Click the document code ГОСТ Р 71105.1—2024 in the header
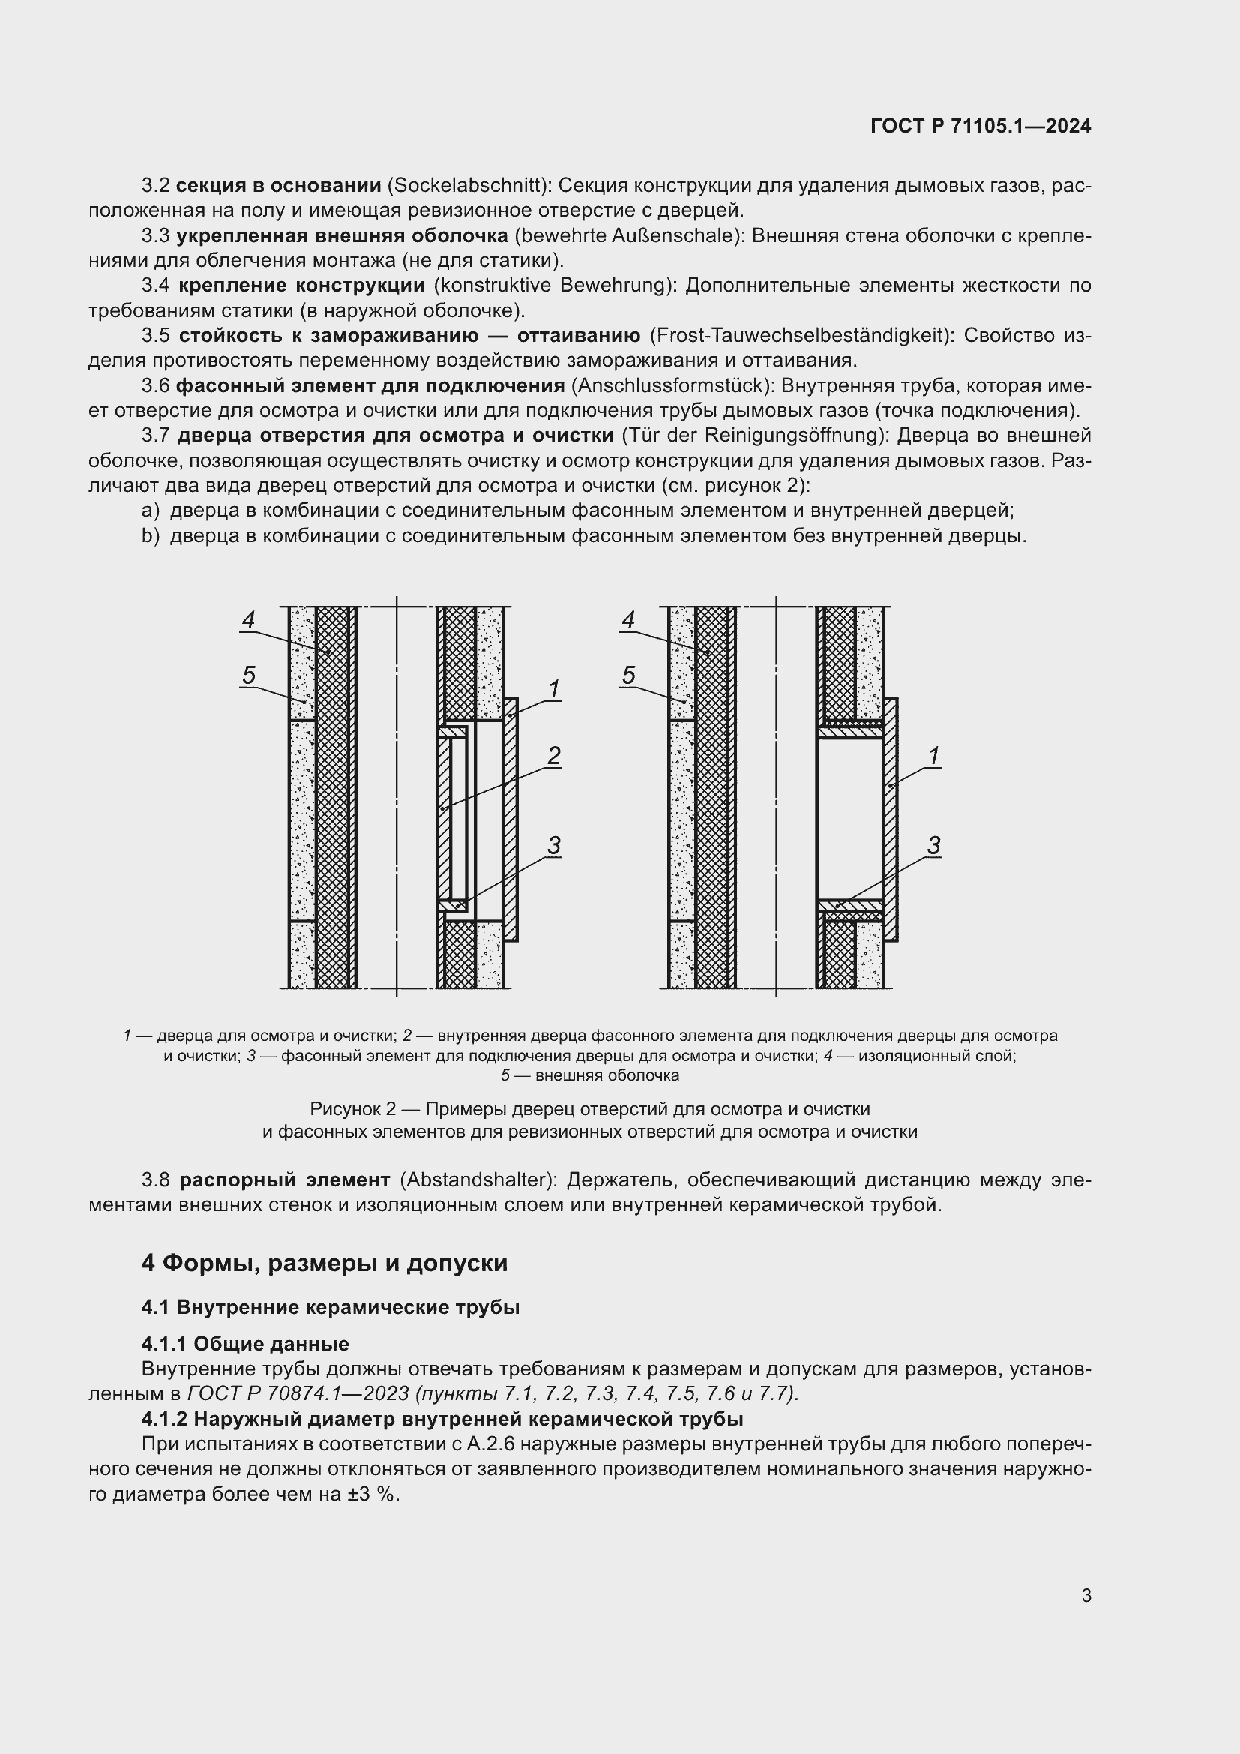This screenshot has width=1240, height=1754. point(981,126)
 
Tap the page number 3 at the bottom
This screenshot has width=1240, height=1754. point(1086,1595)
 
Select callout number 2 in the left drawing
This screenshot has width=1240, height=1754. point(553,756)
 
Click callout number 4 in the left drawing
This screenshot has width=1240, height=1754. point(248,619)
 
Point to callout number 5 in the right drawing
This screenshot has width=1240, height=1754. point(628,675)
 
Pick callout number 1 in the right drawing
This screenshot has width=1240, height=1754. point(933,756)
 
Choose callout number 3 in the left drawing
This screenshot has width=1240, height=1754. point(553,845)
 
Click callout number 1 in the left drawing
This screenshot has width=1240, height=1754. point(553,689)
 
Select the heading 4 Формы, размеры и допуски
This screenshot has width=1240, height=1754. point(324,1263)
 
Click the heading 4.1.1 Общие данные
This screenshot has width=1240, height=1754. point(244,1343)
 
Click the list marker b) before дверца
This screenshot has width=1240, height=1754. point(151,535)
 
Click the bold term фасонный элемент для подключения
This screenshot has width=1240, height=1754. point(370,385)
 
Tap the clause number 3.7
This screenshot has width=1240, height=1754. point(156,436)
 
